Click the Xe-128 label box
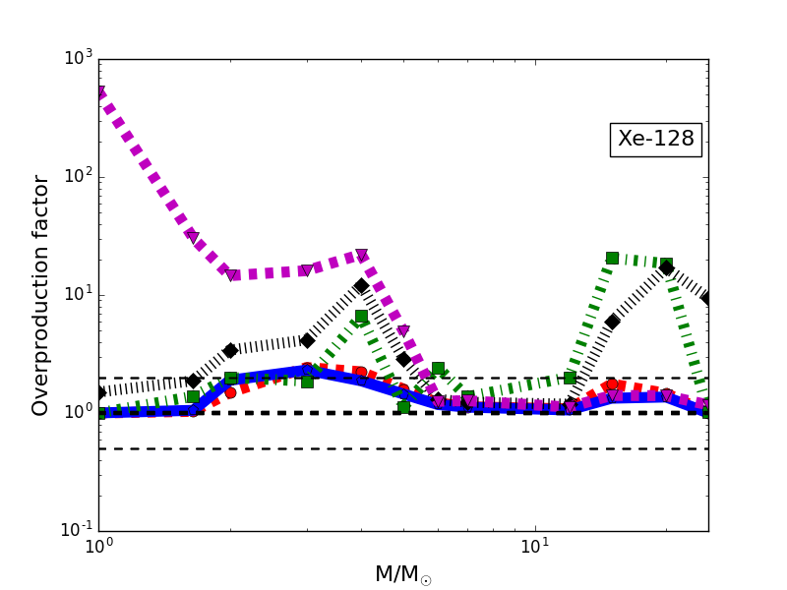(x=656, y=140)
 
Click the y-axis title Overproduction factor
(x=40, y=295)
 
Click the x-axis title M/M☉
(x=402, y=574)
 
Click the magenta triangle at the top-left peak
(x=99, y=92)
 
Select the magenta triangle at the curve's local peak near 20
(x=361, y=256)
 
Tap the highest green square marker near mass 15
(x=612, y=258)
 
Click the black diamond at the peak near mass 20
(x=666, y=267)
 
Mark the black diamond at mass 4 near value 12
(x=361, y=286)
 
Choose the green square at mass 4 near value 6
(x=361, y=317)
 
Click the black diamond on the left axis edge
(x=99, y=392)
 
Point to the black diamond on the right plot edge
(x=707, y=297)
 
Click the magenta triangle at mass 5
(x=403, y=331)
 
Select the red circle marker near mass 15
(x=612, y=384)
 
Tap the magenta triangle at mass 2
(x=231, y=275)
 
